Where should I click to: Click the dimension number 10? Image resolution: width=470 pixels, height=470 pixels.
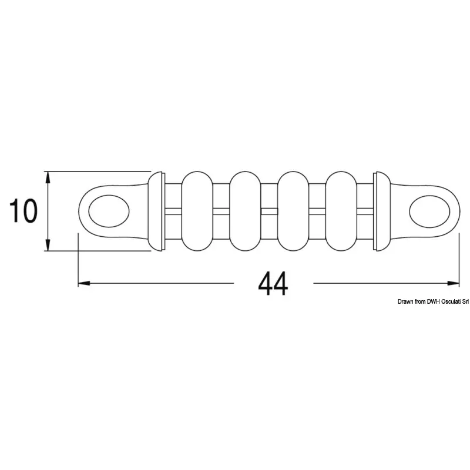(23, 211)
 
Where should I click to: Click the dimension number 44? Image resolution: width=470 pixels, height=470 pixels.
(273, 283)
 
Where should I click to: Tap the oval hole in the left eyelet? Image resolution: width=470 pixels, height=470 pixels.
(109, 211)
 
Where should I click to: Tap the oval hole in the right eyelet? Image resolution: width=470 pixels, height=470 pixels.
(429, 211)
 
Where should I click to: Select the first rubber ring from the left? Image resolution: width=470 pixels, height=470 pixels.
(197, 211)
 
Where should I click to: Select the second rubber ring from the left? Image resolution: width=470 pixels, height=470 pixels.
(245, 211)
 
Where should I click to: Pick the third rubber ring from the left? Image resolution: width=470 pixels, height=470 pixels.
(293, 211)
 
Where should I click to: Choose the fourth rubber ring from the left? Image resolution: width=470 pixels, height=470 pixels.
(341, 211)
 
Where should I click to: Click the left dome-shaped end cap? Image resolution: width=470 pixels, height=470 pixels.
(155, 211)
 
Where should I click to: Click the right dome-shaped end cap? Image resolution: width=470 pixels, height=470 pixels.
(384, 211)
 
